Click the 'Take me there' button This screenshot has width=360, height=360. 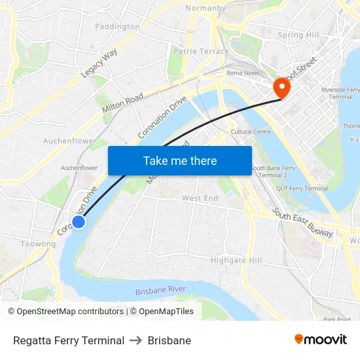tap(180, 160)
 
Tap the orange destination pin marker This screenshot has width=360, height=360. tap(281, 87)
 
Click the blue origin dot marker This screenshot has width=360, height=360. tap(78, 222)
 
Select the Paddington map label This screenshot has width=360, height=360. tap(117, 27)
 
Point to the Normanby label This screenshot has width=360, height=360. tap(206, 9)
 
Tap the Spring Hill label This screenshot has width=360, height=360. tap(298, 35)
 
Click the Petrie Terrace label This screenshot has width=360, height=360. tap(201, 51)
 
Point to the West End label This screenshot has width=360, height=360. tap(200, 198)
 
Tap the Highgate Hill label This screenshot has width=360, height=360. tap(236, 261)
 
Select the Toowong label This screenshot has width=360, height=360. tap(39, 244)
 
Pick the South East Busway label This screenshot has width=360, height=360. tap(303, 223)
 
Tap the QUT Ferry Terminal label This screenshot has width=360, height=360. tap(302, 189)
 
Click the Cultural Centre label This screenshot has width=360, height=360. tap(251, 132)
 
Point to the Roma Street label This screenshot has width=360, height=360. tap(243, 73)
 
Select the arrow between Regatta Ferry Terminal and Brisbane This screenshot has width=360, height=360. tap(136, 340)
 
